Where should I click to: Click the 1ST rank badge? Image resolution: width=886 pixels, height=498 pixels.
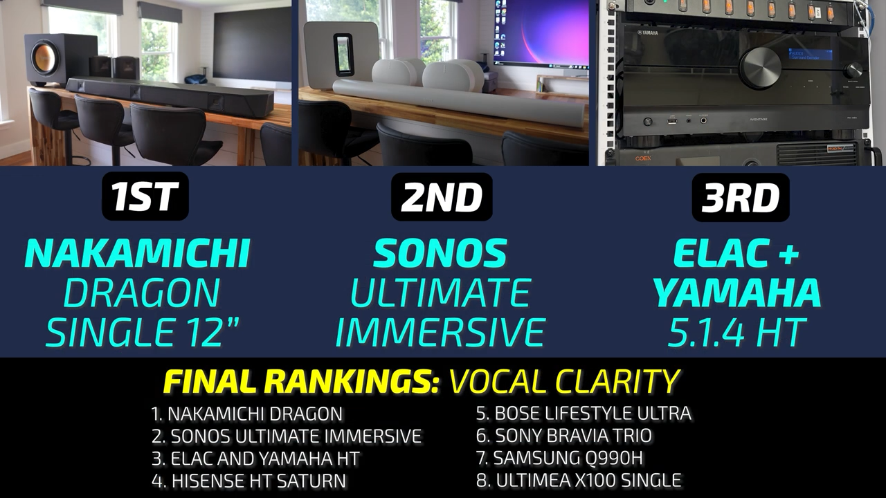(x=145, y=196)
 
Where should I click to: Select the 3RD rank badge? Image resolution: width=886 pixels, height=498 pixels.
(x=741, y=197)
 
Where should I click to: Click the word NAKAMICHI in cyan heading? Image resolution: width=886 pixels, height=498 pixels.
(x=137, y=254)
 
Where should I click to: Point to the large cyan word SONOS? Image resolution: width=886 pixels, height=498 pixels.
(x=440, y=253)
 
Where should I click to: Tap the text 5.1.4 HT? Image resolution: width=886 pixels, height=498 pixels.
(x=736, y=333)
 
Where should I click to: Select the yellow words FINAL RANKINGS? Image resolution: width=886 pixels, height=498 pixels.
(x=301, y=381)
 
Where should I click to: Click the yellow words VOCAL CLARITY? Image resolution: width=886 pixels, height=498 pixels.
(x=564, y=381)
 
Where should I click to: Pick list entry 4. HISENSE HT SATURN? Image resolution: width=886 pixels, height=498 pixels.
(x=248, y=481)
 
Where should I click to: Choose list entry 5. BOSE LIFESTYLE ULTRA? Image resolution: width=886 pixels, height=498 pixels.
(x=584, y=414)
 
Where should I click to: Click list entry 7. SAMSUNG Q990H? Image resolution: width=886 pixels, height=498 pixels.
(x=560, y=458)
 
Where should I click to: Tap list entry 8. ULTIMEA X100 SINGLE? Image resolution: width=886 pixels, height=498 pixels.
(x=579, y=481)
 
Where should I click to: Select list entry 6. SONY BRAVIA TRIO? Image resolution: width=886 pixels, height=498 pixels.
(x=564, y=436)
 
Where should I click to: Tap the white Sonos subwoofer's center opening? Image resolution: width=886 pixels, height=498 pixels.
(x=343, y=55)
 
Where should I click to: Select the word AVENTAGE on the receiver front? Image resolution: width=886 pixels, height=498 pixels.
(x=758, y=118)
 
